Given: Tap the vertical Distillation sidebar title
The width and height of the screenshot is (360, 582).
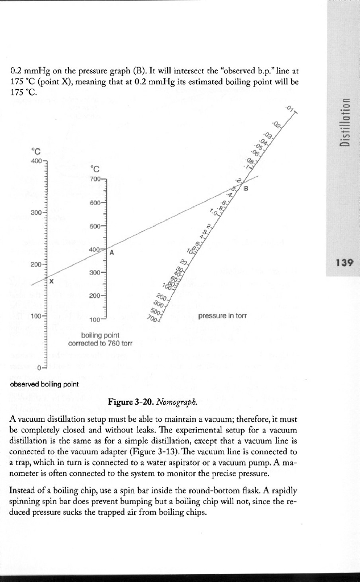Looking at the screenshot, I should (344, 122).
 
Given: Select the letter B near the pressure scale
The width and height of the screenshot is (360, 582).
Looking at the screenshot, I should (246, 189).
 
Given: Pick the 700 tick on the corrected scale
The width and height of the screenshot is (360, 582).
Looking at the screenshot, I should (95, 179).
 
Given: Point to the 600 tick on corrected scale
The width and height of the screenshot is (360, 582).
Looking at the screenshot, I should (95, 203).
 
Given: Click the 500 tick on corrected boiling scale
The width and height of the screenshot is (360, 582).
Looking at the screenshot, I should (95, 226).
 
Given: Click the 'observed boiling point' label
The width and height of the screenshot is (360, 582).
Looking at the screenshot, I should (44, 384).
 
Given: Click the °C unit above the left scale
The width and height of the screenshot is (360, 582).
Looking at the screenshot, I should (38, 151).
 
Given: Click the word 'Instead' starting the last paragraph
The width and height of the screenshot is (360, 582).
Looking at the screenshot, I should (23, 489).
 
